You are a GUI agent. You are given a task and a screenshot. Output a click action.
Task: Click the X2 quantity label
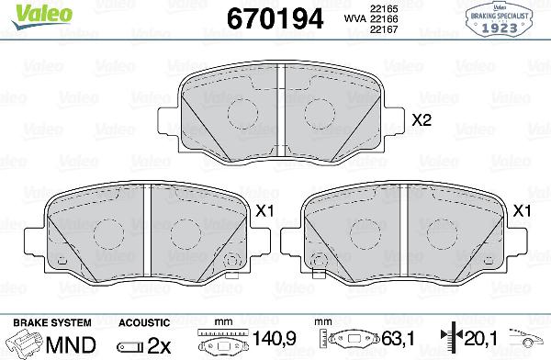click(422, 120)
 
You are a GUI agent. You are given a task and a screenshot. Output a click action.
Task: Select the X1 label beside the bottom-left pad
click(265, 211)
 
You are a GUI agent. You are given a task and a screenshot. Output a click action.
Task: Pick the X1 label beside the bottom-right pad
click(523, 211)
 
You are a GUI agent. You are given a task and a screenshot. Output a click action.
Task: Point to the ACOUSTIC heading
click(143, 322)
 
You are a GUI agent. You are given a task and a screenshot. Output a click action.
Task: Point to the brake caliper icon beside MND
click(24, 343)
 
